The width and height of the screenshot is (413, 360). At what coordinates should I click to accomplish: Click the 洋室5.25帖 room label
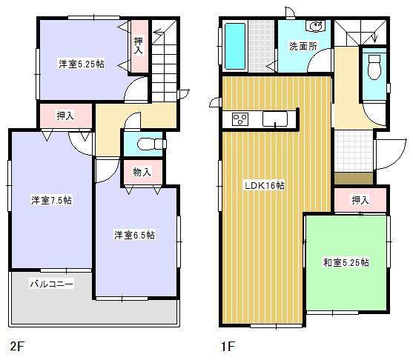82,64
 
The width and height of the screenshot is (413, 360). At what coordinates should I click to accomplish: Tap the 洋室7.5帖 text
50,200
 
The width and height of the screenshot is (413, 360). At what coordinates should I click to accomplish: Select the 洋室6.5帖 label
134,236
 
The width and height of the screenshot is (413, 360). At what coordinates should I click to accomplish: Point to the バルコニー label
51,284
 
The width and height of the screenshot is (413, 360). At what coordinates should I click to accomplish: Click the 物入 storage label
142,172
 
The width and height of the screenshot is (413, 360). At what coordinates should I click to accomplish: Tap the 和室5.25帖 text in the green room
346,262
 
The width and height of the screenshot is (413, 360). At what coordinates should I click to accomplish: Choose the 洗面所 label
303,47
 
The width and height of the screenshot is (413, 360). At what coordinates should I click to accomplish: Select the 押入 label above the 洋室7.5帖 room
65,116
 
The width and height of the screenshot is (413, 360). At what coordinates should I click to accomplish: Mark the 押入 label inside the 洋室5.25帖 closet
139,47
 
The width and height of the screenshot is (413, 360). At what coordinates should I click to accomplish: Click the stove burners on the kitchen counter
242,119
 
